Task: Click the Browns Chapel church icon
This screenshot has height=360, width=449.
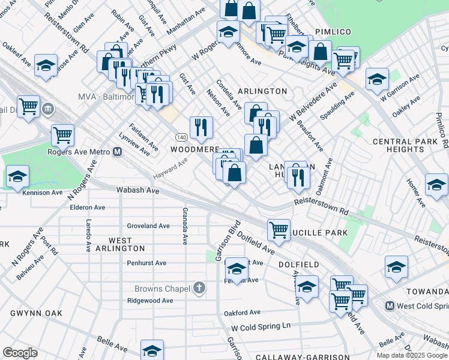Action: coord(200,288)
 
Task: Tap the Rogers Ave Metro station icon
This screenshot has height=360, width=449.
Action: coord(118,152)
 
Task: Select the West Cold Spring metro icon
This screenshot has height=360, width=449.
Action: coord(390,306)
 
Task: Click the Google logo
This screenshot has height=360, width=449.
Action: coord(20,353)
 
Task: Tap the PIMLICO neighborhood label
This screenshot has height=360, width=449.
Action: coord(333,31)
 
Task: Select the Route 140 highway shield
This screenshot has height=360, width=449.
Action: coord(180,137)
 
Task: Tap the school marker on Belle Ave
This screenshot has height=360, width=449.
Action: coord(152,350)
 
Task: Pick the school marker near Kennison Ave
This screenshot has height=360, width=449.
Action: coord(18,176)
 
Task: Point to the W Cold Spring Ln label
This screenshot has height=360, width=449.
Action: coord(261,326)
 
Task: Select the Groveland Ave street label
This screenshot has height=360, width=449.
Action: coord(148,226)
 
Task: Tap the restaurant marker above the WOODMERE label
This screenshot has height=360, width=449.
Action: coord(201,127)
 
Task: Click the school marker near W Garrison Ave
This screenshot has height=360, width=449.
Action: coord(377,79)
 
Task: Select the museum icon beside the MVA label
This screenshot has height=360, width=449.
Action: coord(48,110)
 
